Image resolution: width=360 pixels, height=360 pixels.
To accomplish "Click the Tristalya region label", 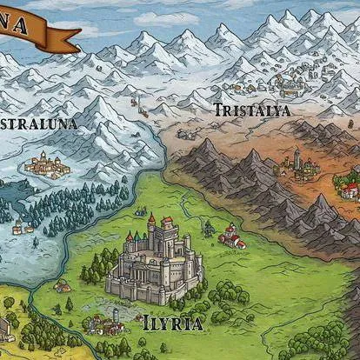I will (252, 110).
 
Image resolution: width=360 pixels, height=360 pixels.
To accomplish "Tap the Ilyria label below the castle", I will (174, 324).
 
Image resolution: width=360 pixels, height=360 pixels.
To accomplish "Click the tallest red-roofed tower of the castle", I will (151, 224).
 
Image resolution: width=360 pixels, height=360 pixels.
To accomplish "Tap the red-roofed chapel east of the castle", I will (231, 235).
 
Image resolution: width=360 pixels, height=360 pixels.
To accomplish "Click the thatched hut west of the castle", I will (62, 285).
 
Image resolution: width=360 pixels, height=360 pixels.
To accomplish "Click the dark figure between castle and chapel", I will (208, 230).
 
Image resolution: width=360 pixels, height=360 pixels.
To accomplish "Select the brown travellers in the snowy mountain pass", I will (135, 101).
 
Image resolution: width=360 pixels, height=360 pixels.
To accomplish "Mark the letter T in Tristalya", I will (218, 110).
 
